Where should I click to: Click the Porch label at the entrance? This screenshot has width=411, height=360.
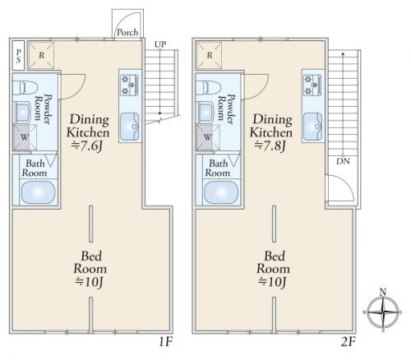coord(127,32)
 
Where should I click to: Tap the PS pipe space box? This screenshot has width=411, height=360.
coord(18,56)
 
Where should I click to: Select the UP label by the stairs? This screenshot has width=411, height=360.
coord(160,44)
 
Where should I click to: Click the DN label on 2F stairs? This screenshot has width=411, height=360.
coord(343,161)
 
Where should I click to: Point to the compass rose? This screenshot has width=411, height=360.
coord(383,312)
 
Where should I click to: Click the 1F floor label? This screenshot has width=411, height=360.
coord(165,342)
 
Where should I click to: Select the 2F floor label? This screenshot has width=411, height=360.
coord(348,342)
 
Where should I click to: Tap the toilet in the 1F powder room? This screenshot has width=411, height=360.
coord(25,87)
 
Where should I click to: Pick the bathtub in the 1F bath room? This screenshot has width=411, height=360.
coord(38,192)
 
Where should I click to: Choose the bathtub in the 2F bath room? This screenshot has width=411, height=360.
coord(221,192)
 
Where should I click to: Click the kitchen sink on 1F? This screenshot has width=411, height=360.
coord(130,127)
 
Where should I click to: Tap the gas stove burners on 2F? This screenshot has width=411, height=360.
coord(312,85)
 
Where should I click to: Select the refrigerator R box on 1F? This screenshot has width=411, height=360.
coord(41,55)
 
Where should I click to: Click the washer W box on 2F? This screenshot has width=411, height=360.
coord(207,137)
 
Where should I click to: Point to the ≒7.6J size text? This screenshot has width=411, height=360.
coord(87,145)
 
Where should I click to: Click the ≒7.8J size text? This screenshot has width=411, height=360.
coord(270,145)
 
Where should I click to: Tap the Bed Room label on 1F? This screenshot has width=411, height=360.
coord(90,262)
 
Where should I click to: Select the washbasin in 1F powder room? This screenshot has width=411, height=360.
coord(23,113)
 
